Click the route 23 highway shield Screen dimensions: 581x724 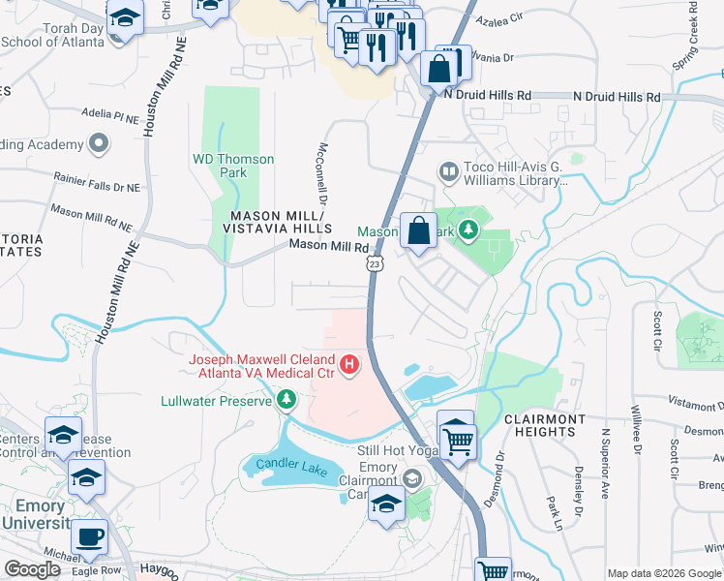[x=374, y=263]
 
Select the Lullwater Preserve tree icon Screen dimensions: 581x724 [x=286, y=399]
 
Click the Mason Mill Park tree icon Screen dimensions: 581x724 [x=468, y=229]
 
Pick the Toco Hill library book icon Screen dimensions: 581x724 [x=447, y=172]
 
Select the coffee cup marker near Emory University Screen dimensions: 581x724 [x=90, y=538]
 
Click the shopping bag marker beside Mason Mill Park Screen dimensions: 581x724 [x=418, y=231]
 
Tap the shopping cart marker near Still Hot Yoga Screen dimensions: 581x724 [x=459, y=441]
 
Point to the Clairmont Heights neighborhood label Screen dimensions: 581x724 [x=545, y=426]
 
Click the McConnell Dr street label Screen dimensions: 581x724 [x=321, y=172]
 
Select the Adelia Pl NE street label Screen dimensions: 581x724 [x=110, y=115]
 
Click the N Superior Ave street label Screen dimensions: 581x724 [x=605, y=463]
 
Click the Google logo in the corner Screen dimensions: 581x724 [x=32, y=569]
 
